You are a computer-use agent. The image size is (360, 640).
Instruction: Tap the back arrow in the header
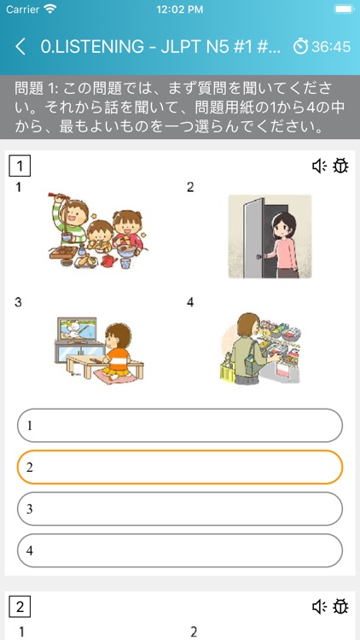(20, 46)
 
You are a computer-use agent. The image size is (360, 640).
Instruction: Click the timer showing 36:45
(322, 46)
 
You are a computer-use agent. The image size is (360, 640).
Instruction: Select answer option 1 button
(180, 425)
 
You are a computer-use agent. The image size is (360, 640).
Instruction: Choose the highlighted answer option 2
(180, 467)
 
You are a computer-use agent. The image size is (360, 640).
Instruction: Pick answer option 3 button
(180, 509)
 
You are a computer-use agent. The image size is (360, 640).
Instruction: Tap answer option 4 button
(180, 550)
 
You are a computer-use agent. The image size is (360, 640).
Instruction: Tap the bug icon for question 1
(340, 166)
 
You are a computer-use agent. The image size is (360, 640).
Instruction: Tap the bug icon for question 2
(340, 607)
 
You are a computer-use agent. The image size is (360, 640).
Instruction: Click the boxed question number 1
(20, 166)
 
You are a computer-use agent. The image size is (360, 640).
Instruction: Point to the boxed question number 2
(20, 607)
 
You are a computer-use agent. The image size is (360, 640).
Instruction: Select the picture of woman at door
(270, 236)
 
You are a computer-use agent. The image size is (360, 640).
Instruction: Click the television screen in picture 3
(78, 330)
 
